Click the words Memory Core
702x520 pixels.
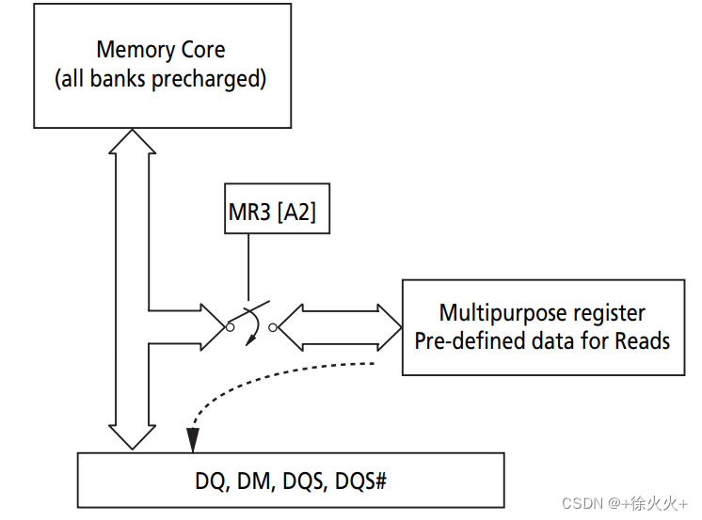[x=161, y=49]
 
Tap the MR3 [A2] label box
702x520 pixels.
[x=272, y=213]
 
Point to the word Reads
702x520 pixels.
[x=645, y=339]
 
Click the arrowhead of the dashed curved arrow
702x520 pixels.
[x=192, y=439]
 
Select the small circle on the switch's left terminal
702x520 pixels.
[x=230, y=327]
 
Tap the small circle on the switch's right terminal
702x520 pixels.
[x=273, y=327]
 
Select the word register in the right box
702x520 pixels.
[x=611, y=312]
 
